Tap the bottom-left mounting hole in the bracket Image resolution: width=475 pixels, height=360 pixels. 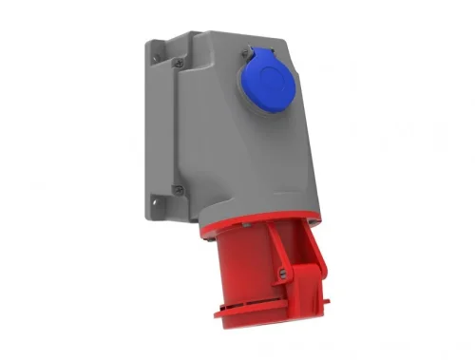[x=152, y=200]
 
